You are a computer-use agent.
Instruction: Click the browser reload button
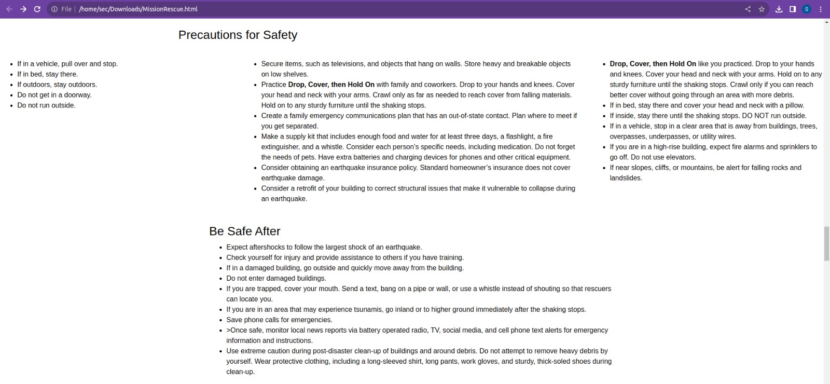coord(37,9)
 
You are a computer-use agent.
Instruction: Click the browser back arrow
coord(9,9)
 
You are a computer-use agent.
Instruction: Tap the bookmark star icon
coord(762,9)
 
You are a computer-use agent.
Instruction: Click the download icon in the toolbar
coord(779,9)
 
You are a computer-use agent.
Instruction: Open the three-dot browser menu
coord(821,9)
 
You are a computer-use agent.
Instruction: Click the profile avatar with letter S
coord(807,9)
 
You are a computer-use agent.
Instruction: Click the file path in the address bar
coord(138,9)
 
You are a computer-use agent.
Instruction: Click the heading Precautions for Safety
coord(238,35)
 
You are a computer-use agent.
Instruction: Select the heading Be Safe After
coord(244,231)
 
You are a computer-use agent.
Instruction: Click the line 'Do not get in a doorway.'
coord(54,95)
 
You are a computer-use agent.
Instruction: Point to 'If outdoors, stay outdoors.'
coord(57,85)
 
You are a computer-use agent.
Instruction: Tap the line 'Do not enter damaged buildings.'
coord(276,278)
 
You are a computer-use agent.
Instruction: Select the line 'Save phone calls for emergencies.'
coord(279,320)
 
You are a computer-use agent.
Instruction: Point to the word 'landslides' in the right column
coord(626,178)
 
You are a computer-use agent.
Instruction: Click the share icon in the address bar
coord(748,9)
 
